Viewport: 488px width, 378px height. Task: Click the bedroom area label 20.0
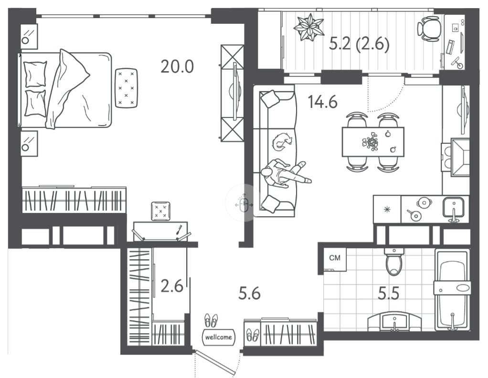pyautogui.click(x=177, y=66)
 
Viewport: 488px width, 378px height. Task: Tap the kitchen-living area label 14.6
pyautogui.click(x=322, y=102)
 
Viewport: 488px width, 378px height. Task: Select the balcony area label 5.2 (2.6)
pyautogui.click(x=359, y=44)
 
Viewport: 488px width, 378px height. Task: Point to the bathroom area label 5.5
pyautogui.click(x=388, y=293)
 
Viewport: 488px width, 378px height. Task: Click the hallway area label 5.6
pyautogui.click(x=249, y=293)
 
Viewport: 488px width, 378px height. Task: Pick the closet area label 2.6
pyautogui.click(x=172, y=286)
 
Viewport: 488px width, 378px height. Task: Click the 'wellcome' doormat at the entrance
pyautogui.click(x=219, y=337)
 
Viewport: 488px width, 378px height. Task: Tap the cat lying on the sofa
pyautogui.click(x=282, y=142)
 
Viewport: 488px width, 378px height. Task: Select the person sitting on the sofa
pyautogui.click(x=285, y=174)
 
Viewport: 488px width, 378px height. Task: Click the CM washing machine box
pyautogui.click(x=335, y=259)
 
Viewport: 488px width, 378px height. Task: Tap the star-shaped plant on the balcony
pyautogui.click(x=308, y=27)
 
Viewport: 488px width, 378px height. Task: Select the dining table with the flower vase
pyautogui.click(x=373, y=142)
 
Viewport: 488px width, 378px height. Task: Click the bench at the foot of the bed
pyautogui.click(x=126, y=88)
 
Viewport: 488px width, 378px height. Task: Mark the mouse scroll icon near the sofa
pyautogui.click(x=244, y=204)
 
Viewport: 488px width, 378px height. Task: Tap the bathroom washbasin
pyautogui.click(x=394, y=322)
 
